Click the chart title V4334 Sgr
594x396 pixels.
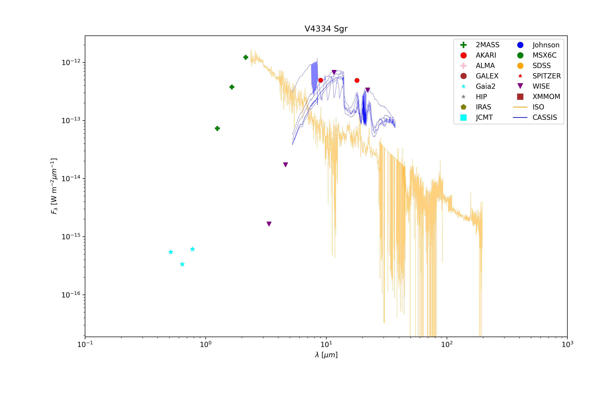coord(326,29)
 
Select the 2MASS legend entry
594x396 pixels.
coord(487,45)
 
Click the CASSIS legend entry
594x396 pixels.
coord(544,117)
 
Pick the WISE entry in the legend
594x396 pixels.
coord(541,86)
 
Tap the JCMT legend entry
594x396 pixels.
coord(484,117)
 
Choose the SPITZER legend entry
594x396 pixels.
coord(546,76)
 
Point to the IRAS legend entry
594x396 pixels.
coord(483,107)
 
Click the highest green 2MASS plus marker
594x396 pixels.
coord(246,57)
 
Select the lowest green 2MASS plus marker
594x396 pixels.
coord(217,129)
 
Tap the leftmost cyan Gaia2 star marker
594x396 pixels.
coord(171,252)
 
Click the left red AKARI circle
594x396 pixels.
coord(320,80)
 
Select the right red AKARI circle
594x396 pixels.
coord(357,81)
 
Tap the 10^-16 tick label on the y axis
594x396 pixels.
coord(71,295)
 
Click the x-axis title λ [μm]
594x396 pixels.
coord(326,355)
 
